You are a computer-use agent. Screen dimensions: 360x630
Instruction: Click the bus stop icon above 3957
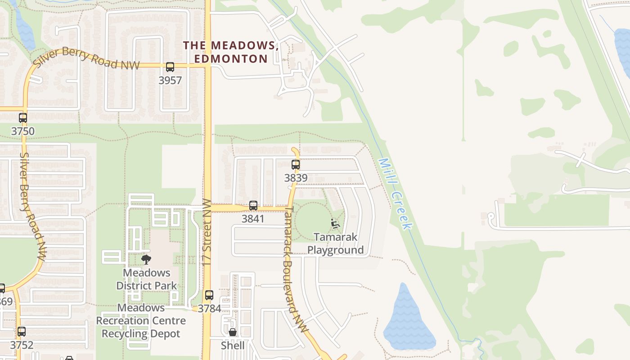tap(170, 67)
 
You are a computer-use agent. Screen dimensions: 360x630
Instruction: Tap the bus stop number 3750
tap(22, 131)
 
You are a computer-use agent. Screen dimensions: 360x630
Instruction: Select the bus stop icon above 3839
tap(296, 165)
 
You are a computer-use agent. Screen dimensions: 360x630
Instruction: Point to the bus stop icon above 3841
tap(253, 206)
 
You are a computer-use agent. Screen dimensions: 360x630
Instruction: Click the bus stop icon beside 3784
tap(209, 295)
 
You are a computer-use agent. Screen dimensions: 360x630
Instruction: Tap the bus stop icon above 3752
tap(22, 332)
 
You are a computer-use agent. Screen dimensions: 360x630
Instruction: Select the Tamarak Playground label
tap(335, 243)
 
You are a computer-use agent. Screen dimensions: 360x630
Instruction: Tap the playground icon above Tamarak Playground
tap(335, 223)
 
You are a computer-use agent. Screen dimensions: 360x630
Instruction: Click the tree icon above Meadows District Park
tap(146, 259)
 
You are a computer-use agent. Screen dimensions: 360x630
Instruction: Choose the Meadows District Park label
tap(147, 279)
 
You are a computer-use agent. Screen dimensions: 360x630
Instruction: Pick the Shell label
tap(233, 345)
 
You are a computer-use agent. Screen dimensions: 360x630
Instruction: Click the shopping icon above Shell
tap(233, 333)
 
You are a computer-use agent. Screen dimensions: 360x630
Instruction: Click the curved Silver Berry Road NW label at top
tap(86, 58)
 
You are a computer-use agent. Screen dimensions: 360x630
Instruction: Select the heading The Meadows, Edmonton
tap(231, 52)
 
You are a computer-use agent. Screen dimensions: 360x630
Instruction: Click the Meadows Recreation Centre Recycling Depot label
tap(141, 321)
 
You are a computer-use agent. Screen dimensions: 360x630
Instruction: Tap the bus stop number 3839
tap(296, 178)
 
